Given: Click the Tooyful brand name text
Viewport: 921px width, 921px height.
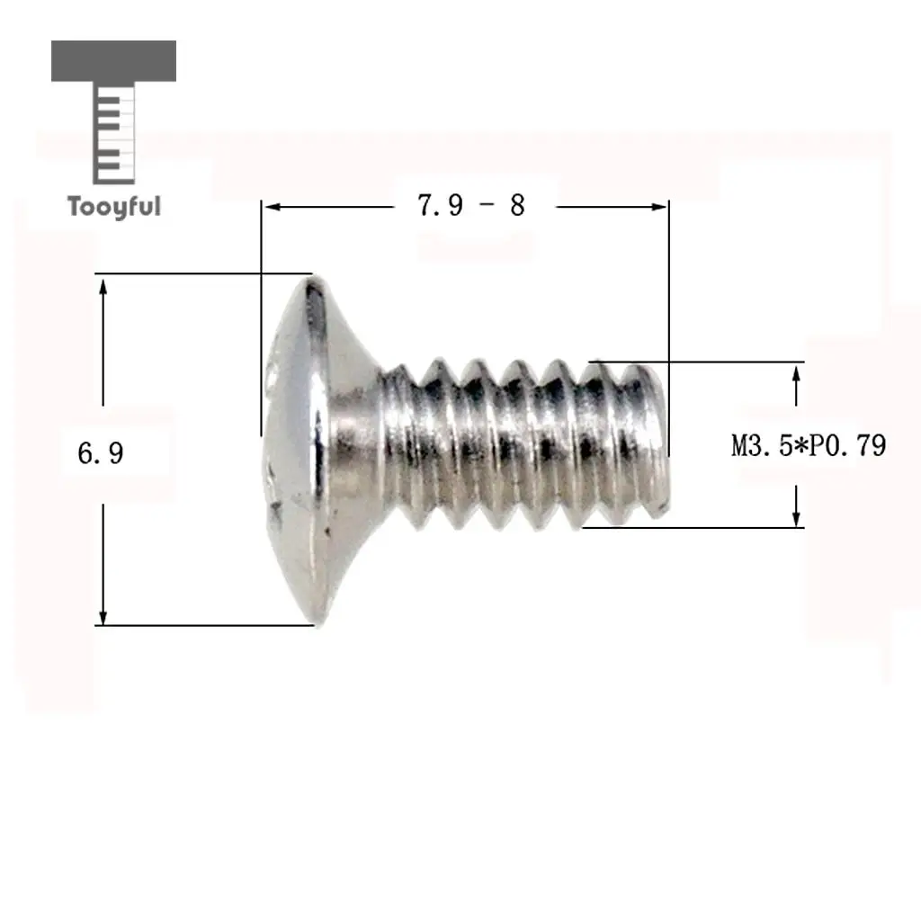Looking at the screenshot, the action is pos(114,207).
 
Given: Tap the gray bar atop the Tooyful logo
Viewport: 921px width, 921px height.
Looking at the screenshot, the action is pos(114,61).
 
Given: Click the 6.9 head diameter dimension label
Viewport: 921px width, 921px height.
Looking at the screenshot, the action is pos(101,453).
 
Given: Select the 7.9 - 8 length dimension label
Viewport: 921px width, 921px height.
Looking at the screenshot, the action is pos(471,205).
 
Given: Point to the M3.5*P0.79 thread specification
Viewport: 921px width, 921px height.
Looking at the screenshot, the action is pos(809,445).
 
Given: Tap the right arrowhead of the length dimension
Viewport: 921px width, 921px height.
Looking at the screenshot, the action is pos(659,207).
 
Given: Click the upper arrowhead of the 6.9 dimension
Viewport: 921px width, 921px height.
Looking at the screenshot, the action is pos(103,288).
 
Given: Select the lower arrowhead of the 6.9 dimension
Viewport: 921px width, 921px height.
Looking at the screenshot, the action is pos(103,617).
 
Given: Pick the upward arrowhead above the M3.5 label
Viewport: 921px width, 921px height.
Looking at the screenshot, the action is pos(797,373).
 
